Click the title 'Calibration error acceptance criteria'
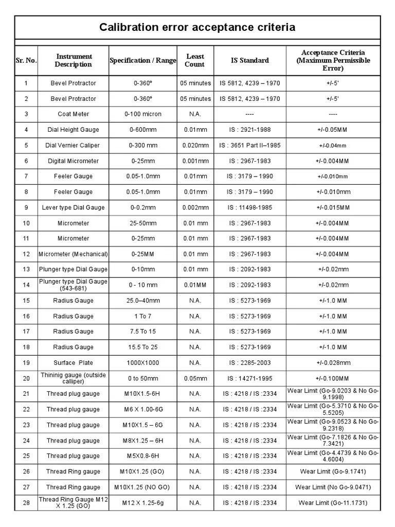pyautogui.click(x=197, y=27)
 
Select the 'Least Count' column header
pyautogui.click(x=195, y=60)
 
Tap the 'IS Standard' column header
pyautogui.click(x=249, y=60)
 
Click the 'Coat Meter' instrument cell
pyautogui.click(x=73, y=114)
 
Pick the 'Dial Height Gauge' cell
pyautogui.click(x=73, y=130)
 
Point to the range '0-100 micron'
pyautogui.click(x=143, y=114)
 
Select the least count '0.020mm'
pyautogui.click(x=195, y=145)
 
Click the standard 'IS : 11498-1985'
pyautogui.click(x=249, y=207)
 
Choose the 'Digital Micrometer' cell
pyautogui.click(x=73, y=161)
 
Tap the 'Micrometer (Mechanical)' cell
pyautogui.click(x=73, y=254)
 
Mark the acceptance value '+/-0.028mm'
pyautogui.click(x=333, y=363)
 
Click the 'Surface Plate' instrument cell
pyautogui.click(x=73, y=363)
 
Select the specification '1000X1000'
pyautogui.click(x=143, y=363)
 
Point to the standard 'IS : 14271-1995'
pyautogui.click(x=249, y=378)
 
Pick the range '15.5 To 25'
pyautogui.click(x=143, y=347)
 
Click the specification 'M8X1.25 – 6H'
pyautogui.click(x=143, y=441)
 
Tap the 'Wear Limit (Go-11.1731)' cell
pyautogui.click(x=333, y=503)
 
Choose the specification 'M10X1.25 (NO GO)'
pyautogui.click(x=143, y=487)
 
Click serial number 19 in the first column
pyautogui.click(x=26, y=363)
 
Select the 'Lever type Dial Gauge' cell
pyautogui.click(x=73, y=207)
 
